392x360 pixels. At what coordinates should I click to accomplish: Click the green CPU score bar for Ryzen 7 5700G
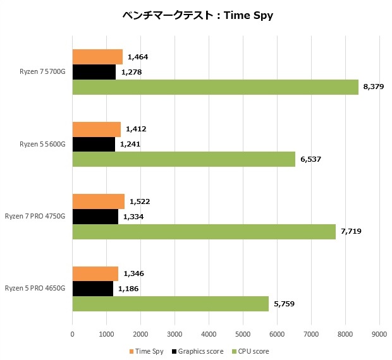click(215, 87)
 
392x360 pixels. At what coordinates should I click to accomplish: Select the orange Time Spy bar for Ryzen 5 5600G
click(96, 129)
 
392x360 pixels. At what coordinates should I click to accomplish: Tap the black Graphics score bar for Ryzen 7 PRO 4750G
click(95, 217)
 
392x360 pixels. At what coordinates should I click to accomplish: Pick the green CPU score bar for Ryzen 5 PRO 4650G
click(170, 304)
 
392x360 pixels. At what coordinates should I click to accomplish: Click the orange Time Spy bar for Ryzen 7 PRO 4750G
click(98, 202)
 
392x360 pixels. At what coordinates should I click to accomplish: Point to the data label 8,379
click(373, 87)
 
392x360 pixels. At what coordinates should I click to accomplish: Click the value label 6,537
click(310, 159)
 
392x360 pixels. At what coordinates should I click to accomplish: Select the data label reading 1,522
click(140, 202)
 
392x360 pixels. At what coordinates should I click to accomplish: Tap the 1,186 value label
click(128, 289)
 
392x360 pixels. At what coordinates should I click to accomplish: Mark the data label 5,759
click(284, 304)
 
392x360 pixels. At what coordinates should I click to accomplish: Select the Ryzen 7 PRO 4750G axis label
click(35, 217)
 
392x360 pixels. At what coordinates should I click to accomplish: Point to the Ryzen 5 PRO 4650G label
click(35, 289)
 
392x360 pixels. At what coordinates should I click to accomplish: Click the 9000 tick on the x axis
click(379, 333)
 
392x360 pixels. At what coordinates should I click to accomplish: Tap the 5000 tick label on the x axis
click(243, 333)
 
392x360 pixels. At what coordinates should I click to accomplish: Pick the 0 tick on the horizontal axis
click(73, 333)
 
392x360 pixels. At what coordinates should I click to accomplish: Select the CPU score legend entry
click(251, 351)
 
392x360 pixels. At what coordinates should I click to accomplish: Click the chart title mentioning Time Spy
click(197, 15)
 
